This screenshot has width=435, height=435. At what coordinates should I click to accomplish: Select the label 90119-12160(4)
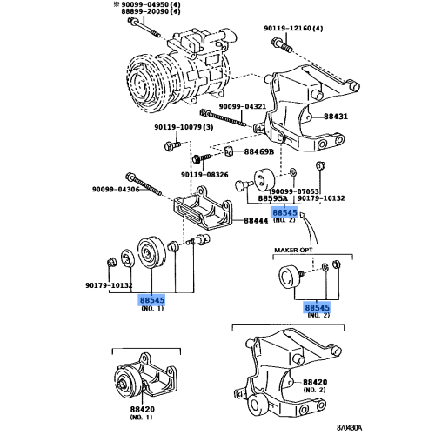tap(293, 29)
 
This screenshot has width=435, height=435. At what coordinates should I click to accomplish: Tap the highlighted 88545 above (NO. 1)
tap(152, 299)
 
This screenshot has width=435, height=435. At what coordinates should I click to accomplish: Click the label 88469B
tap(258, 151)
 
